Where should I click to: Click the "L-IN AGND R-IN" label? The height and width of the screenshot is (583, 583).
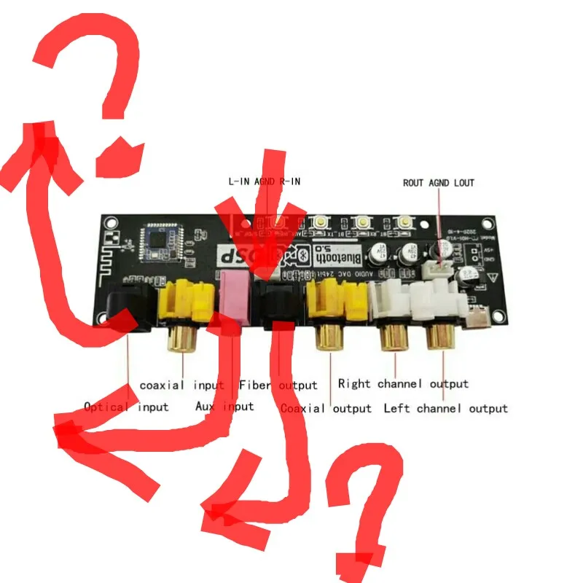click(264, 181)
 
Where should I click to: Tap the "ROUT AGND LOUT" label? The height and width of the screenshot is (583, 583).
click(438, 182)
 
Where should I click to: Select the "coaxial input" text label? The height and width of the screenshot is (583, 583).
click(182, 385)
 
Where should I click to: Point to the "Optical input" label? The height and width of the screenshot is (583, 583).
click(125, 407)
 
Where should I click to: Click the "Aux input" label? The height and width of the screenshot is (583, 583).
click(224, 406)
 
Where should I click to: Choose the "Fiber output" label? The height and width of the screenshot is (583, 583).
click(278, 385)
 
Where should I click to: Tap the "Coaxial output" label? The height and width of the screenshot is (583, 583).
click(325, 408)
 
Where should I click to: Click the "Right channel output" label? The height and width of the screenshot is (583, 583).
click(403, 383)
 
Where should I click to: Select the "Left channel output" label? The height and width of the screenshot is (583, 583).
click(445, 408)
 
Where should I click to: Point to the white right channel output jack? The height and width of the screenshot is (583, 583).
click(394, 313)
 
